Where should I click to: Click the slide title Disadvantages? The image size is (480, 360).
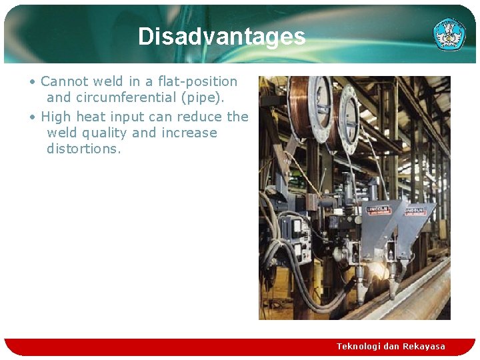[221, 36]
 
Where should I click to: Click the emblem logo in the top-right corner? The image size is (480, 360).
[449, 34]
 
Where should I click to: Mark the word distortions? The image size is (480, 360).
[84, 149]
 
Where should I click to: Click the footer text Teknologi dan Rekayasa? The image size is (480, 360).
[391, 346]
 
